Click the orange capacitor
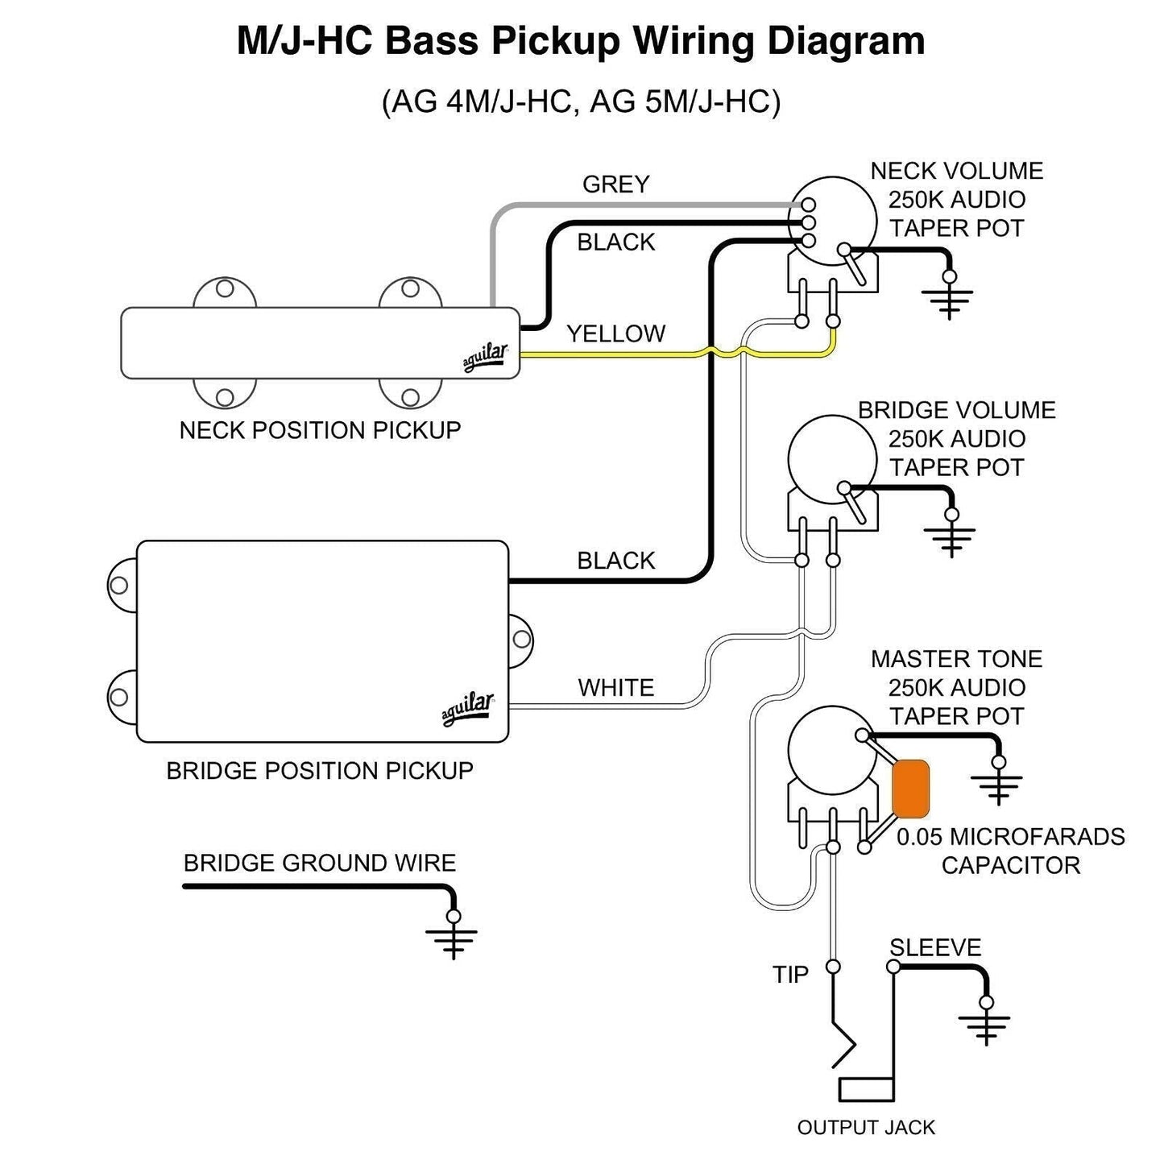[911, 789]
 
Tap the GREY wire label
[615, 184]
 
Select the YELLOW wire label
[615, 333]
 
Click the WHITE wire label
[615, 688]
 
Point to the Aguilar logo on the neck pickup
[485, 358]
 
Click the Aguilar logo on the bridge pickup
[467, 709]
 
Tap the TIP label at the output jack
[790, 975]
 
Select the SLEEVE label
[935, 947]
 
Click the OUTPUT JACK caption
[866, 1127]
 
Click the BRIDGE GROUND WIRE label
[319, 864]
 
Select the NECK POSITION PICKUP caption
[320, 430]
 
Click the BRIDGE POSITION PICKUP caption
[320, 771]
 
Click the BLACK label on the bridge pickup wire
[615, 561]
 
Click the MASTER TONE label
[956, 659]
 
